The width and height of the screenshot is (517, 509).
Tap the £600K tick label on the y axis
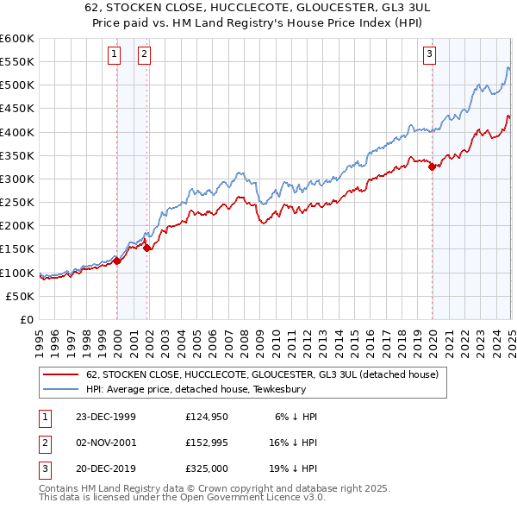(17, 39)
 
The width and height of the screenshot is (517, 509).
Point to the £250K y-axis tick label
(17, 202)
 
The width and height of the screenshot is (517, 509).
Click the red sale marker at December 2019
(432, 167)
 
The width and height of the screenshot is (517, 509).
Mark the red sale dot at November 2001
(146, 248)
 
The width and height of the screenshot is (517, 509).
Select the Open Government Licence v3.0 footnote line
(183, 499)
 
